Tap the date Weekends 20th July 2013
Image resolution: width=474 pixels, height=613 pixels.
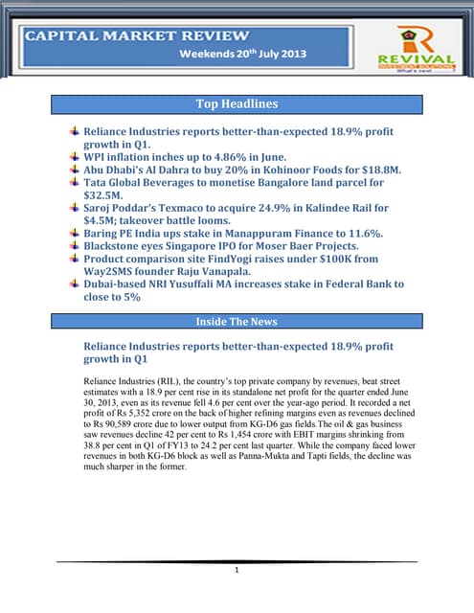[243, 55]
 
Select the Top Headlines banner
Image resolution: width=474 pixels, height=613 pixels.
[237, 103]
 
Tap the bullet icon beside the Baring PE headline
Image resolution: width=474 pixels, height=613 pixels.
[75, 232]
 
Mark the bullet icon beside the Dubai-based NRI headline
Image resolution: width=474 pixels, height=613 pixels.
[75, 284]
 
